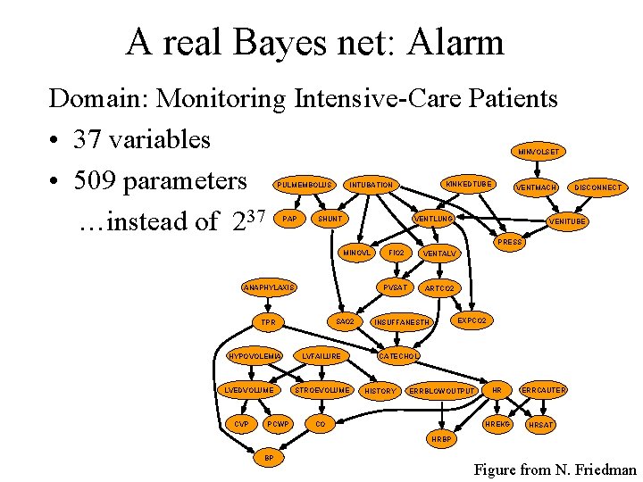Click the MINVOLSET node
pos(539,152)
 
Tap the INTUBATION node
pos(371,185)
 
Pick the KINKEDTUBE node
pos(469,184)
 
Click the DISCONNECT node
pos(597,187)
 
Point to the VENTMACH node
pos(536,187)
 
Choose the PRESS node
pos(511,242)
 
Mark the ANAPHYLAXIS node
pos(269,287)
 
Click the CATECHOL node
pos(398,356)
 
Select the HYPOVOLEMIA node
pos(255,356)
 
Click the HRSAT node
pos(541,425)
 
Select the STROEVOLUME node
pos(322,390)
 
